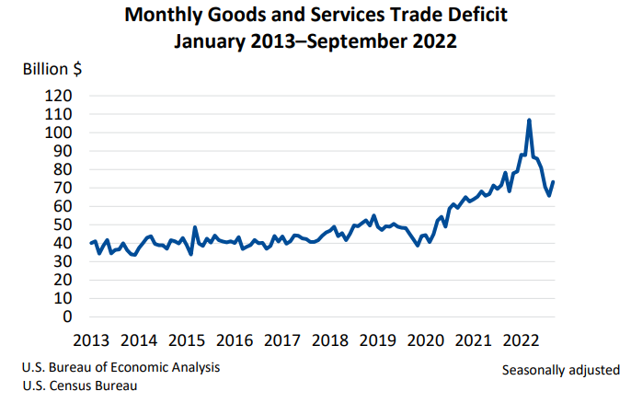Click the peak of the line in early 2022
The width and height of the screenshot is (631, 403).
pos(529,120)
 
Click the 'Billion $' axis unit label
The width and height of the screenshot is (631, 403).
pos(52,69)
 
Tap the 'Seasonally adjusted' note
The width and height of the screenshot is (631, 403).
pos(561,370)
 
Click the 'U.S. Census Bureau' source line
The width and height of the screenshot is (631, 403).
pos(80,386)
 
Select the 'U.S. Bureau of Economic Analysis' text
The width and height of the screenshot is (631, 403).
pos(121,368)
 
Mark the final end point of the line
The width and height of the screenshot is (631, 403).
pos(554,181)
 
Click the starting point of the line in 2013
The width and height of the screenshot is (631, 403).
pos(91,243)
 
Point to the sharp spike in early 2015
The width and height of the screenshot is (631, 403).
pos(194,226)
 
